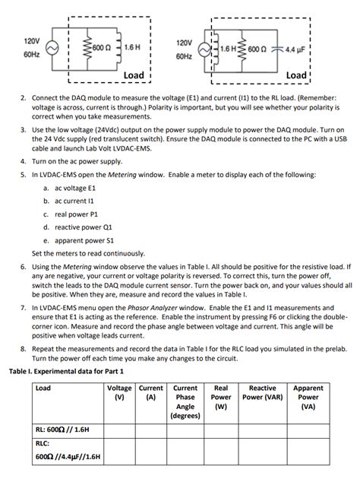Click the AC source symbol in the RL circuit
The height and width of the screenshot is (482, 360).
point(54,47)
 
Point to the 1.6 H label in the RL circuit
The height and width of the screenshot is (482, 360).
point(133,47)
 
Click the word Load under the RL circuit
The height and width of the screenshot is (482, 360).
point(134,75)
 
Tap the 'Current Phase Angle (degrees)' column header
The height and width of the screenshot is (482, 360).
point(185,401)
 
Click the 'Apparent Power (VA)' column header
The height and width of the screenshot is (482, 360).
point(308,396)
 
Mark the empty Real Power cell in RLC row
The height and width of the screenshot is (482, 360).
point(220,452)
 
